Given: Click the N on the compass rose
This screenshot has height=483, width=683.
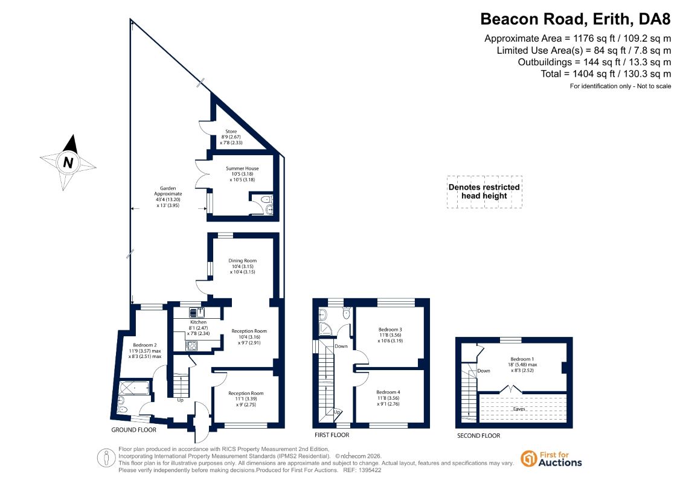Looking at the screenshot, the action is point(68,162).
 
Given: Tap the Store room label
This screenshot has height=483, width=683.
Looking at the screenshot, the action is point(231,132).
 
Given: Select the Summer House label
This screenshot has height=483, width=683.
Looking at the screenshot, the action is point(242,168).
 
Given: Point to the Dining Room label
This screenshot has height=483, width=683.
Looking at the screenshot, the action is point(243,261).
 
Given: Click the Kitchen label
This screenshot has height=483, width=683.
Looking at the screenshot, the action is point(198,322).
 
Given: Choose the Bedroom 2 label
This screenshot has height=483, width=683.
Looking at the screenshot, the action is point(144,345).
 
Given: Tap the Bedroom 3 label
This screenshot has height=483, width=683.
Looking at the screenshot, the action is point(390,330).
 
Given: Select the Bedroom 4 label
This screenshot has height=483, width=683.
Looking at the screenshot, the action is point(388,392).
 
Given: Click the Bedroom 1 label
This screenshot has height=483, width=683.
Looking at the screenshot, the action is point(522,359).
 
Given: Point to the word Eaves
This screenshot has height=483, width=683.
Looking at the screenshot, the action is point(519,409).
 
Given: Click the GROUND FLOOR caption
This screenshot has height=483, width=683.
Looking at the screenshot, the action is point(133,430).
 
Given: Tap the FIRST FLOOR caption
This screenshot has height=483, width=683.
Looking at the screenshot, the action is point(332,435).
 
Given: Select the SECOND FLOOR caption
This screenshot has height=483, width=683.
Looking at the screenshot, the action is point(478,435).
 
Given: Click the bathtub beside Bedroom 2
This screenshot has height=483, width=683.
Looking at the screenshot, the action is point(134,388).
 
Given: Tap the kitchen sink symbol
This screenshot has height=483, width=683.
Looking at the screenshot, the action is point(197,312).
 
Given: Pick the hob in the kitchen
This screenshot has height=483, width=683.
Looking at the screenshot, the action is point(191,346).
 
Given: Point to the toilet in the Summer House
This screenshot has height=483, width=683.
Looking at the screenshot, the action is point(266,200).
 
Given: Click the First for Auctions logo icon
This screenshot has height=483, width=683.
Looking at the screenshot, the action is point(529,459).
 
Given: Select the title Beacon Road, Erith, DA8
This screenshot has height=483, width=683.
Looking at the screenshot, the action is point(576,19).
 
